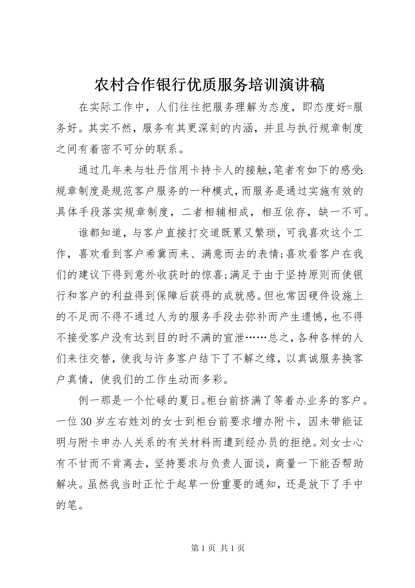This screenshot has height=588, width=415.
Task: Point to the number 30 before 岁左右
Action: pos(86,423)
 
